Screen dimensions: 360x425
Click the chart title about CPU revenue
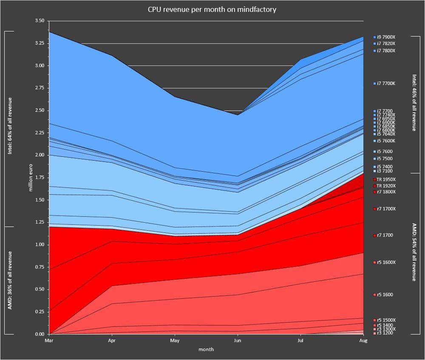pos(212,9)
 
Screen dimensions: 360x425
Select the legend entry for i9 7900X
pos(386,37)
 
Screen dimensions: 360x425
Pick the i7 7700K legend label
pos(386,84)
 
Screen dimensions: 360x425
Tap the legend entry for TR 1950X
pos(386,180)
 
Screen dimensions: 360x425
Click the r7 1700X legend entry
pos(386,209)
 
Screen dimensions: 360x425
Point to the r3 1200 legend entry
pos(385,333)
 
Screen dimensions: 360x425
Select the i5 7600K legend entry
pos(386,141)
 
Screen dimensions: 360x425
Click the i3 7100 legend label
pos(385,171)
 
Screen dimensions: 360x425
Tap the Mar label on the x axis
pos(49,341)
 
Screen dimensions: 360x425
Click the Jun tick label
pos(238,341)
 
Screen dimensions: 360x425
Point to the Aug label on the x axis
pos(363,341)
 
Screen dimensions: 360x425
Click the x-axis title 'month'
pos(206,350)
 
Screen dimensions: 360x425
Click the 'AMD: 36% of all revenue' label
pos(10,280)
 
